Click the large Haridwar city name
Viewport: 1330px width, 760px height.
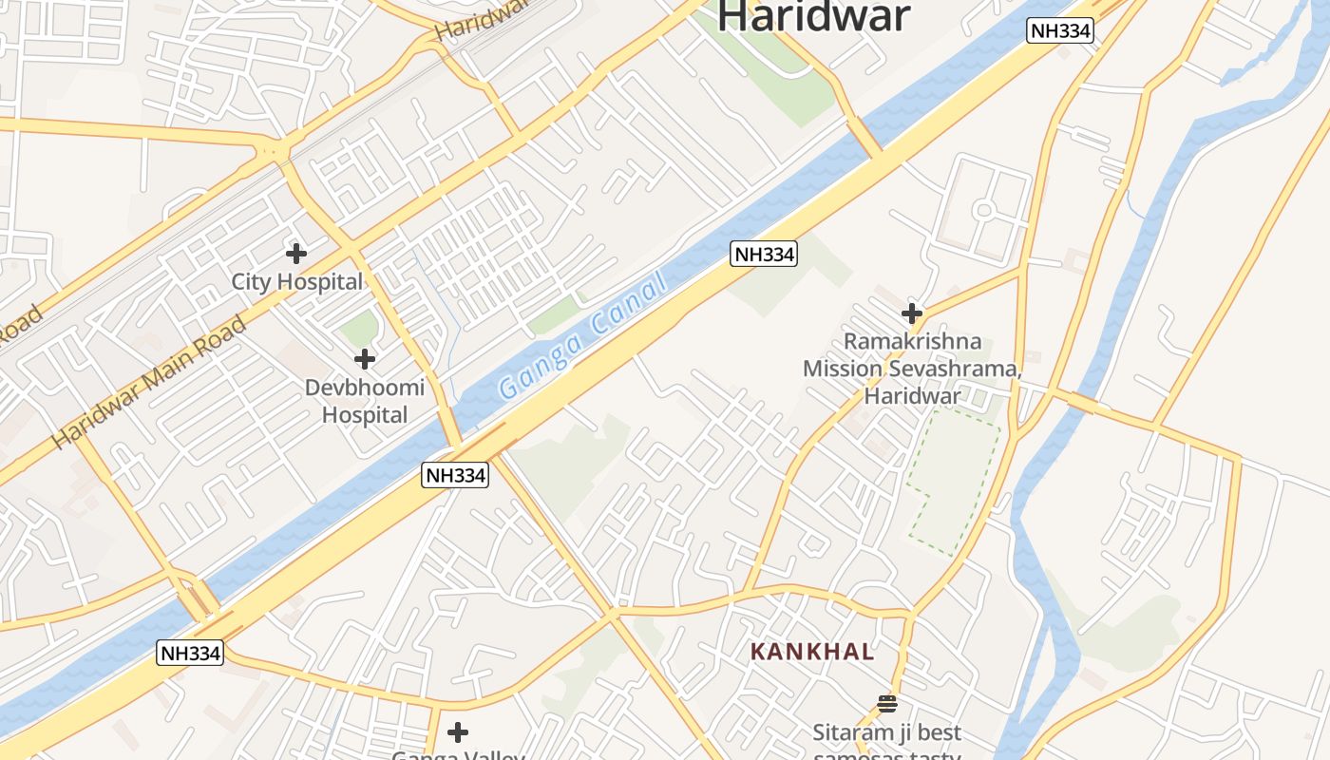pyautogui.click(x=813, y=17)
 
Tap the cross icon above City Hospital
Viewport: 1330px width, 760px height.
pyautogui.click(x=296, y=253)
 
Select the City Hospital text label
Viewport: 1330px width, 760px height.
pyautogui.click(x=297, y=282)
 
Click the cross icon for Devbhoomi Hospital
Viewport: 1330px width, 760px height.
pyautogui.click(x=364, y=359)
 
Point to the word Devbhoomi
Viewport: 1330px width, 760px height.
pyautogui.click(x=365, y=388)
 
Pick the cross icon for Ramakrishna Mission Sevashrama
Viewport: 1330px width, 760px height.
pyautogui.click(x=912, y=313)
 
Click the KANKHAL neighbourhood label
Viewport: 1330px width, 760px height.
pyautogui.click(x=812, y=652)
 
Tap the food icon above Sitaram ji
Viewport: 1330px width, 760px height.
pyautogui.click(x=887, y=703)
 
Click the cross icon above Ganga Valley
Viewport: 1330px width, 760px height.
pyautogui.click(x=458, y=732)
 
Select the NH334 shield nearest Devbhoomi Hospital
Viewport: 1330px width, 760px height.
pyautogui.click(x=455, y=475)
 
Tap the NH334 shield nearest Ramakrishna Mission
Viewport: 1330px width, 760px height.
pyautogui.click(x=764, y=254)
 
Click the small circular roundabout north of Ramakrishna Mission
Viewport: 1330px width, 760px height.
pyautogui.click(x=984, y=210)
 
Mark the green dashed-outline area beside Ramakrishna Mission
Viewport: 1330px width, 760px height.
pyautogui.click(x=955, y=480)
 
